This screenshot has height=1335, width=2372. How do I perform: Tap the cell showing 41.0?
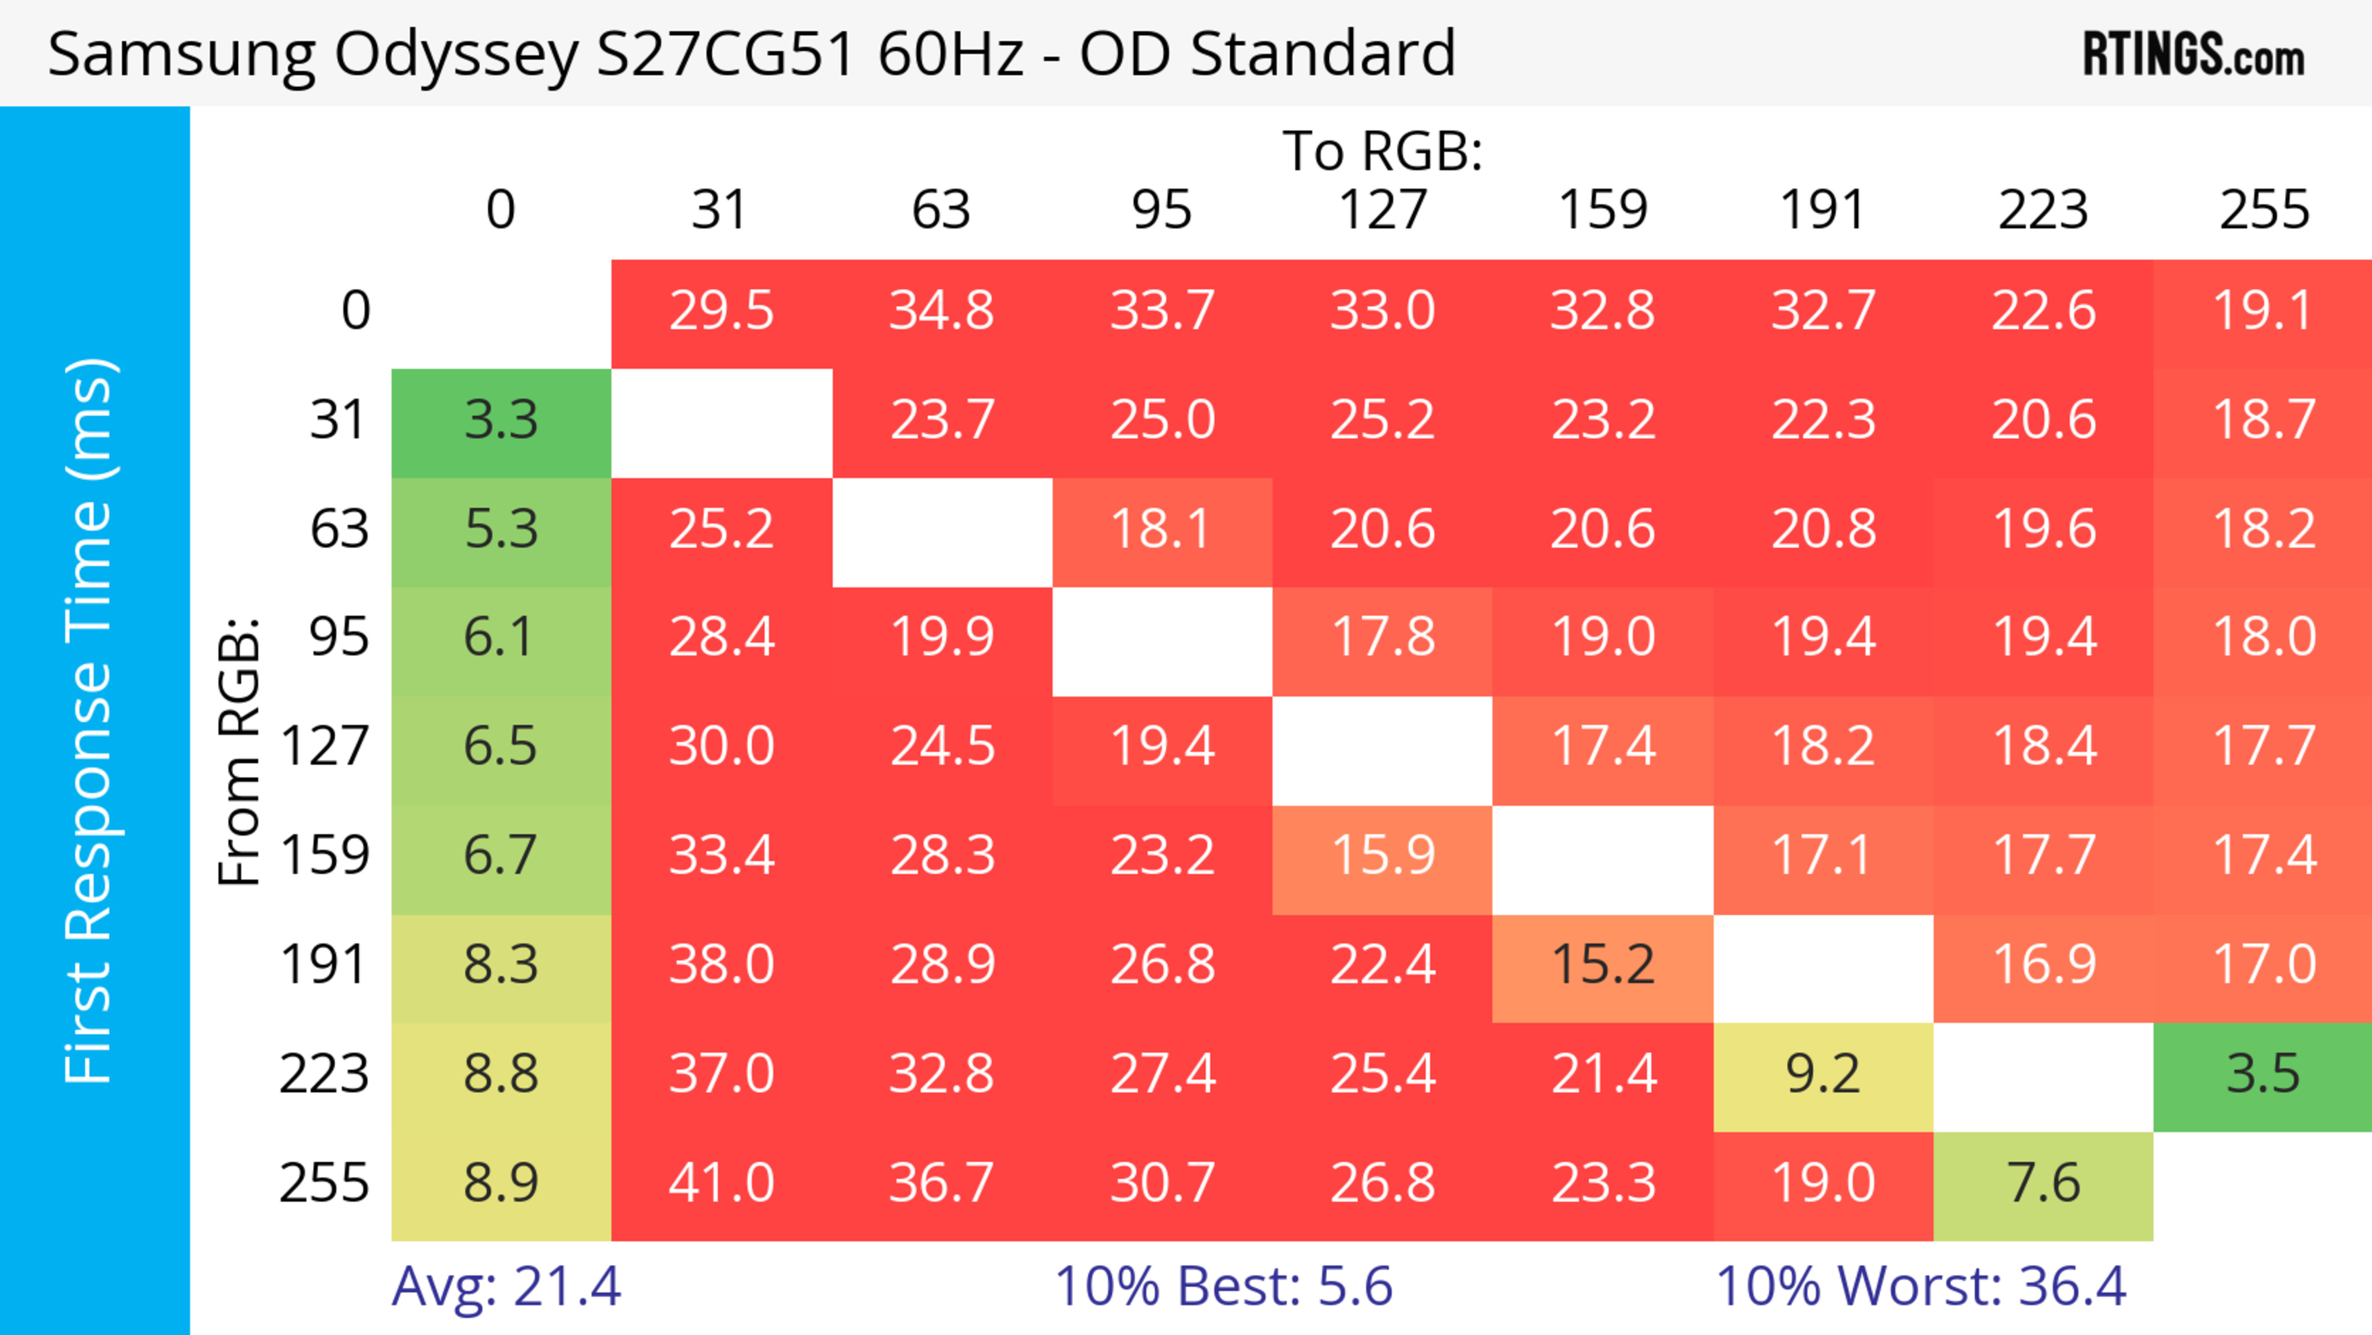coord(721,1183)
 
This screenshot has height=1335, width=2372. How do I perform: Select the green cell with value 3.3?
coord(501,421)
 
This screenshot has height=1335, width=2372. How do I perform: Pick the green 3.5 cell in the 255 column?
coord(2263,1074)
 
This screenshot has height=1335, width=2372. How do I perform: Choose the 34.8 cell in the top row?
coord(941,311)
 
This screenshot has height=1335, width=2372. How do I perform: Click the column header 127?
coord(1382,210)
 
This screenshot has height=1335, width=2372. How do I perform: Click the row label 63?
coord(339,529)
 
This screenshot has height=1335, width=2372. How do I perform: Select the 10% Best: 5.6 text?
coord(1223,1286)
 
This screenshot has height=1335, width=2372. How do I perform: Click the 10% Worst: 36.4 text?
coord(1921,1286)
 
